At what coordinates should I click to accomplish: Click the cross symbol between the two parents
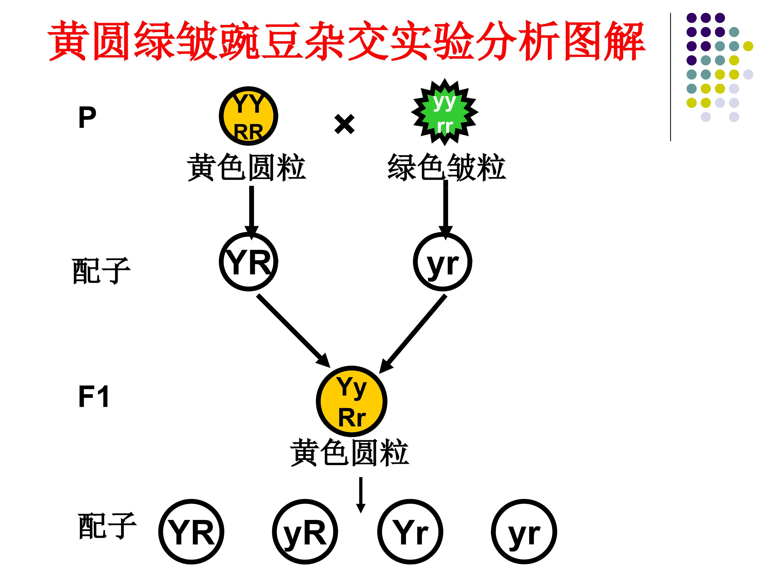(344, 124)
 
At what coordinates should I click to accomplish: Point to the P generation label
(87, 117)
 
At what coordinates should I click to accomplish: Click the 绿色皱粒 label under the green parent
(446, 167)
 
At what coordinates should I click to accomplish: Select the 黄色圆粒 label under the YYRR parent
(247, 167)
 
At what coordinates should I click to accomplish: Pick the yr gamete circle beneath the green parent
(442, 262)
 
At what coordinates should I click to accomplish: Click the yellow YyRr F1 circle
(352, 401)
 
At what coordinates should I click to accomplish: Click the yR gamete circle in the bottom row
(305, 532)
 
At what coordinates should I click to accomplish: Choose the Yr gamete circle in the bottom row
(410, 532)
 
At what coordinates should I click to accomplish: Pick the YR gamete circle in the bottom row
(191, 532)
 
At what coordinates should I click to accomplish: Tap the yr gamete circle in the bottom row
(524, 532)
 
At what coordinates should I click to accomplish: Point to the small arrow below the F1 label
(361, 495)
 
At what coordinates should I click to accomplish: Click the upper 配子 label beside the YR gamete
(101, 271)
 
